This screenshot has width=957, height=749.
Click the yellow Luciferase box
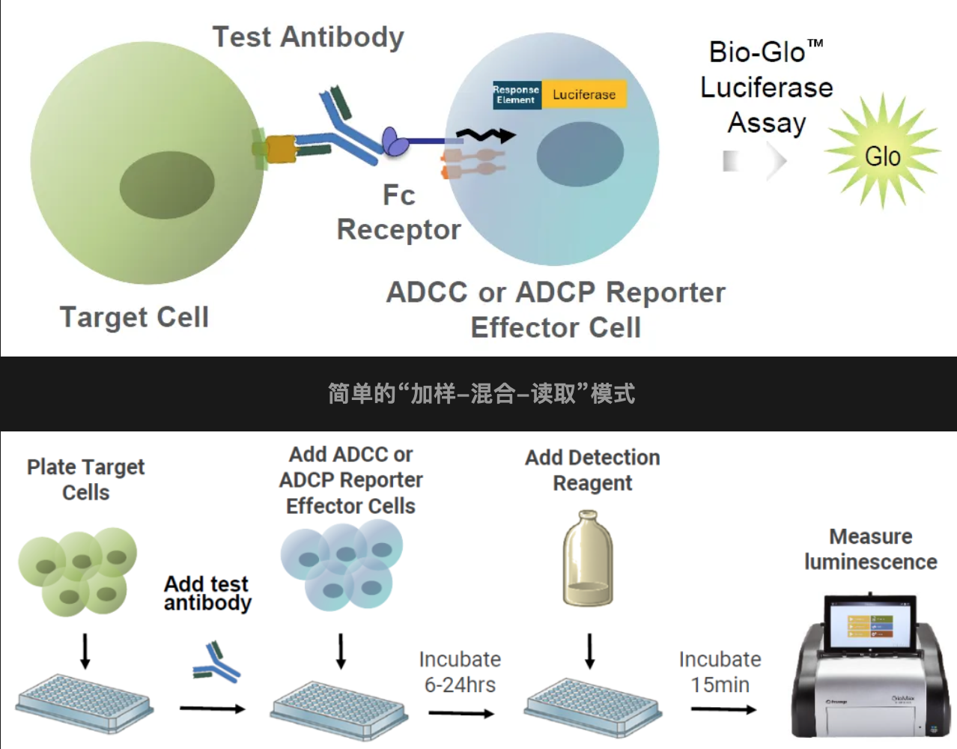point(584,94)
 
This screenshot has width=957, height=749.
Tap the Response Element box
point(517,94)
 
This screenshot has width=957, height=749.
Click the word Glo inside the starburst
point(883,157)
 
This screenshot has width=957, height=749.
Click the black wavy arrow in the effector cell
point(487,136)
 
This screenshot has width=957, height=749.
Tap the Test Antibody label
point(308,37)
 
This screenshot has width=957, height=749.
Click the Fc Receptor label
point(398,213)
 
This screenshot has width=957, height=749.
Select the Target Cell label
point(134,317)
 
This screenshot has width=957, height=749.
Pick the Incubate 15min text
point(720,672)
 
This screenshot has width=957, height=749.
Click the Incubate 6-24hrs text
point(460,672)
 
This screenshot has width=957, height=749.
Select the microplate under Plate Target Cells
point(85,703)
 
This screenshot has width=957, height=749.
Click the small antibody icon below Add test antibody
point(216,662)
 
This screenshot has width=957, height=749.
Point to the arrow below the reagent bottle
point(590,650)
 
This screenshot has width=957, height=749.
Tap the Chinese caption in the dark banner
point(481,393)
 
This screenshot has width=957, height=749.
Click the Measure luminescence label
point(870,549)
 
